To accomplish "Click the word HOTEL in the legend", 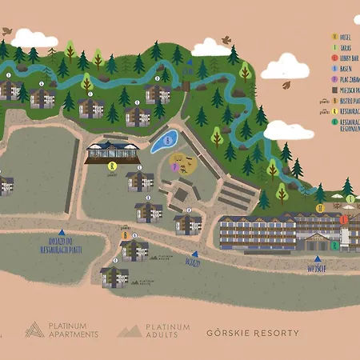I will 346,37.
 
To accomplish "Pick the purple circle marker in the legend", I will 334,80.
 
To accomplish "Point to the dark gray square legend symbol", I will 334,91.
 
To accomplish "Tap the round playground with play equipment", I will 183,166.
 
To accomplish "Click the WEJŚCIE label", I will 318,268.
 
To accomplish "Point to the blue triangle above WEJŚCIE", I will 318,258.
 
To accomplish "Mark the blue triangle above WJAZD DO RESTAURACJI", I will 62,231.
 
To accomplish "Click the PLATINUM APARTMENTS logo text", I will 72,330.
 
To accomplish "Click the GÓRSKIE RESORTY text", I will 253,332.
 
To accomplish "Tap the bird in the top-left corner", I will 8,30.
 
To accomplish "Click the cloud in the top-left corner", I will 34,38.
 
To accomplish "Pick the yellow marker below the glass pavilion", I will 111,166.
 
